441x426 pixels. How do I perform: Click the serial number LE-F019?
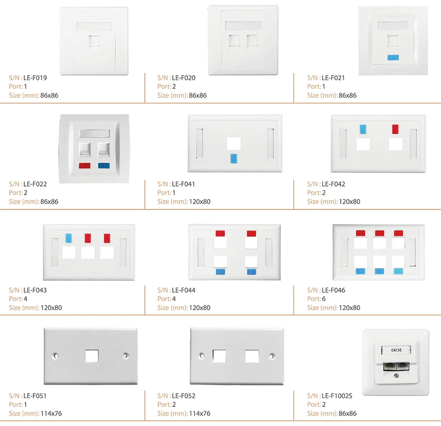coord(35,78)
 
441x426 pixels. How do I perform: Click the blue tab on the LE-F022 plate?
coord(105,166)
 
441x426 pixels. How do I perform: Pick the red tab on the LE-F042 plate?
coord(396,129)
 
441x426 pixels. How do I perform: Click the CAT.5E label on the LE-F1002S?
coord(396,350)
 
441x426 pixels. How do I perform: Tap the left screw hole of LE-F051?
coord(56,355)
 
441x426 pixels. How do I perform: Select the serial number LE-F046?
coord(333,290)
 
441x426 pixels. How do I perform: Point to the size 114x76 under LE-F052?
coord(199,413)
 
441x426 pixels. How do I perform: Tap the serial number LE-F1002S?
coord(337,396)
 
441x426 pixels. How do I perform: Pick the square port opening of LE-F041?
coord(233,143)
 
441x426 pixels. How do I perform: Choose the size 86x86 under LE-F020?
coord(198,95)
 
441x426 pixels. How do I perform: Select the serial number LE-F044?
coord(183,290)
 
